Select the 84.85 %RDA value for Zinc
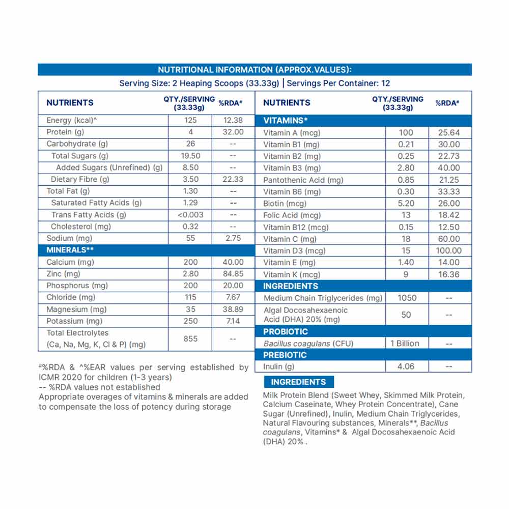pyautogui.click(x=233, y=274)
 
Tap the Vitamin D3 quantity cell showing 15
pyautogui.click(x=406, y=250)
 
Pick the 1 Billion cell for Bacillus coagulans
pyautogui.click(x=405, y=344)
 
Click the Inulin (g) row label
pyautogui.click(x=279, y=366)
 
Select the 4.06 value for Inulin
pyautogui.click(x=406, y=366)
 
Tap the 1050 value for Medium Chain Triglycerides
pyautogui.click(x=406, y=298)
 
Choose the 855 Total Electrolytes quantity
pyautogui.click(x=190, y=338)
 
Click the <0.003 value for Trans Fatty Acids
pyautogui.click(x=190, y=215)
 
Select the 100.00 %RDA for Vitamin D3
pyautogui.click(x=448, y=250)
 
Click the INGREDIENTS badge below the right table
pyautogui.click(x=298, y=382)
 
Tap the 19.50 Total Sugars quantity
pyautogui.click(x=190, y=156)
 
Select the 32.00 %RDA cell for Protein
pyautogui.click(x=233, y=132)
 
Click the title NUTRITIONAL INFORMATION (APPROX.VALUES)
pyautogui.click(x=254, y=70)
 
